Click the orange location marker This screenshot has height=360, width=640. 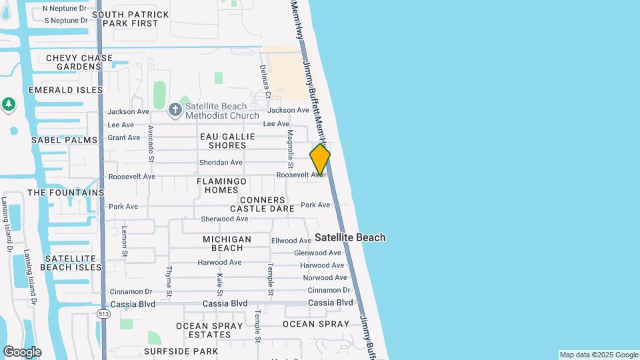(320, 159)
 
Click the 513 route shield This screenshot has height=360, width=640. (103, 313)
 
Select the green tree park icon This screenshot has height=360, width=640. (8, 104)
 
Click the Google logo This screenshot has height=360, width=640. (22, 352)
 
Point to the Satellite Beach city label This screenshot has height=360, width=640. (350, 237)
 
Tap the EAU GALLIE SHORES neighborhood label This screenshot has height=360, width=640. (227, 141)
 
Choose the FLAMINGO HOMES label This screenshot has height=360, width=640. (221, 185)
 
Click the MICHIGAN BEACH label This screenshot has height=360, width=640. (227, 243)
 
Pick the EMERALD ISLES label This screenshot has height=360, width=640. (65, 89)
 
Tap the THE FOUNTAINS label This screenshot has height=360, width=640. (65, 193)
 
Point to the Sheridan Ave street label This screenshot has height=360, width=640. (221, 162)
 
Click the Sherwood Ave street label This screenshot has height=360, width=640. (225, 219)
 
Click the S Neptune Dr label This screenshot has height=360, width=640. (66, 20)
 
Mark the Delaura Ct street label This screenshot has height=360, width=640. (263, 77)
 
